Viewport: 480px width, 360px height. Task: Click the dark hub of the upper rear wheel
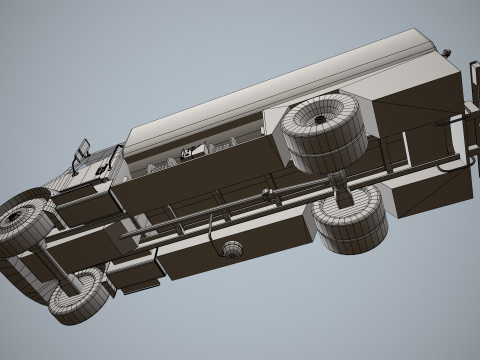(x=318, y=119)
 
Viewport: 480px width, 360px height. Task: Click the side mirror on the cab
(x=83, y=151)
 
